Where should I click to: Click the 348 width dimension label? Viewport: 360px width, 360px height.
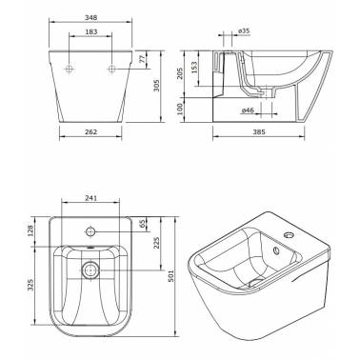tap(90, 18)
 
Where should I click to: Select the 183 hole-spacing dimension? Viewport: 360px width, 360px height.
tap(91, 31)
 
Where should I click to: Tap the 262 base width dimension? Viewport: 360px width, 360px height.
tap(91, 132)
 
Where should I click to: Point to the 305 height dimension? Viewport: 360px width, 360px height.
tap(156, 85)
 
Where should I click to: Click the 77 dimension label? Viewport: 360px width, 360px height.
tap(142, 59)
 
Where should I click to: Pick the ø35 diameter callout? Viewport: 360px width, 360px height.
tap(244, 30)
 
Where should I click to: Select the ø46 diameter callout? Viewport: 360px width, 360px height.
tap(248, 110)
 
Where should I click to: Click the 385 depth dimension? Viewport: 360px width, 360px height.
tap(259, 132)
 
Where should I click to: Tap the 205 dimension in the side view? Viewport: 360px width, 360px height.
tap(179, 73)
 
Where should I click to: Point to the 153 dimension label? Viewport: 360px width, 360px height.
tap(194, 68)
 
